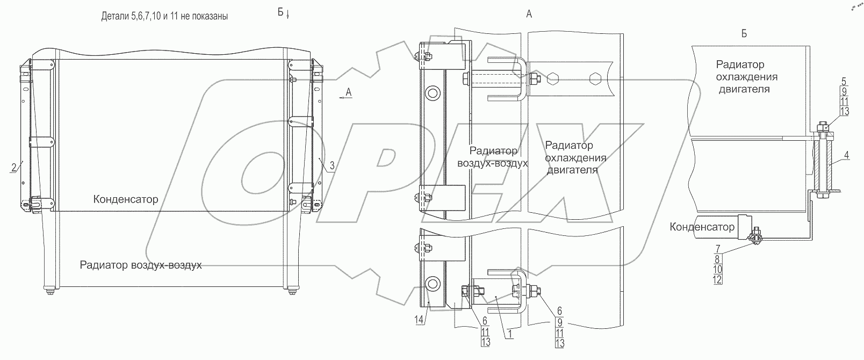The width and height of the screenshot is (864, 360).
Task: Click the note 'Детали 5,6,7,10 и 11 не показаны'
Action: coord(164,16)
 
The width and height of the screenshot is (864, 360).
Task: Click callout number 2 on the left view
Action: coord(12,167)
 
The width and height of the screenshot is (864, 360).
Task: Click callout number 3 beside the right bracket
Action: coord(332,166)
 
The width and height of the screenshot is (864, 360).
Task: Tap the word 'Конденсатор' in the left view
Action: coord(126,199)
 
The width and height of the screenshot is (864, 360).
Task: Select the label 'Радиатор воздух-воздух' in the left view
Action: coord(140,265)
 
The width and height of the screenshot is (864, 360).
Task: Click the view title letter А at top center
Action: coord(529,15)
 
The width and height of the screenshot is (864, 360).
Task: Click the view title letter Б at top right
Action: coord(744,34)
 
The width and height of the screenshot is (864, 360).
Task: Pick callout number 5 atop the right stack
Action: coord(844,82)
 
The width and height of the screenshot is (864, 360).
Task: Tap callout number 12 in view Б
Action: coord(717,279)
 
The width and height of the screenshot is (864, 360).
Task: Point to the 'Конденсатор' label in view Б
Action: coord(702,227)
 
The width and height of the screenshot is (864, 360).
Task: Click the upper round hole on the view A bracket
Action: coord(432,93)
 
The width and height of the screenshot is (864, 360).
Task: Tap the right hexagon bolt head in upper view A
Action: coord(594,80)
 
